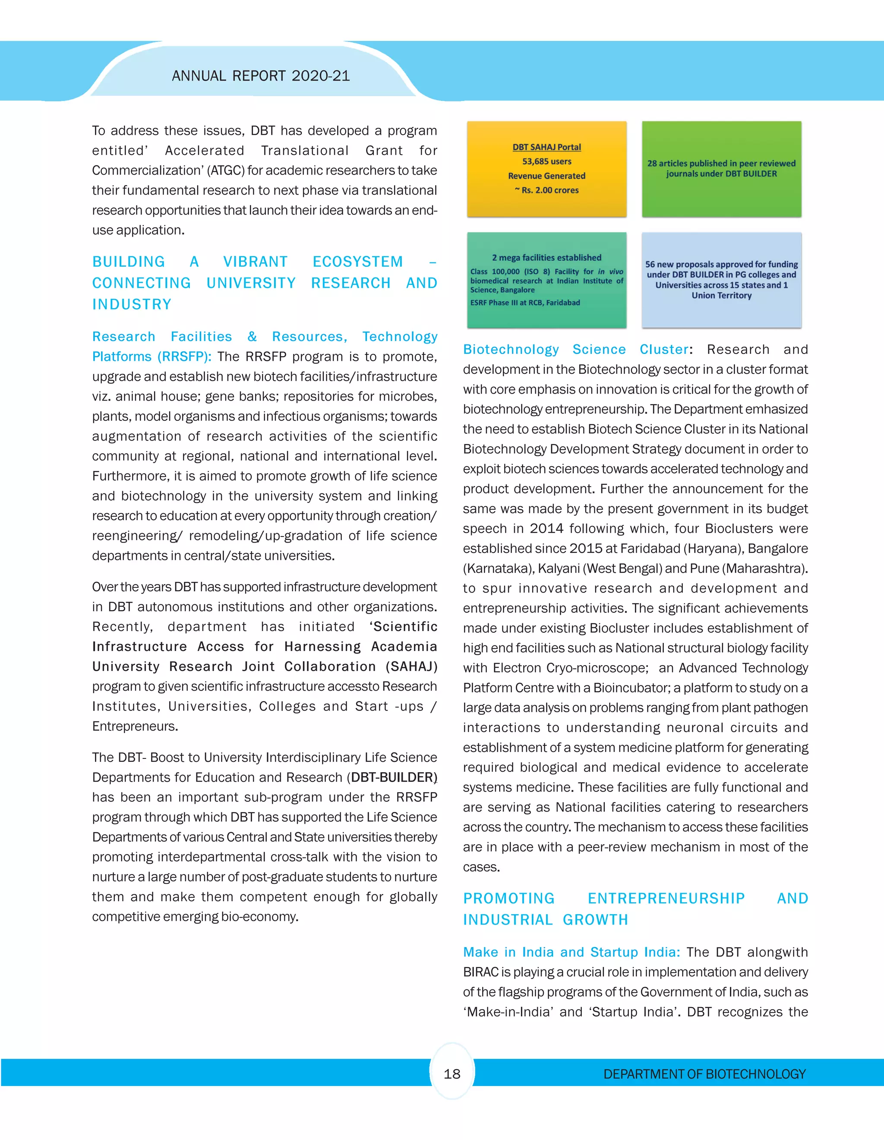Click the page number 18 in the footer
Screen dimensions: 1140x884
tap(452, 1074)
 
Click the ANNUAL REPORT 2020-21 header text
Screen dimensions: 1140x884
tap(260, 76)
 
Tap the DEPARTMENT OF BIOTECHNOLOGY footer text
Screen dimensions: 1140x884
tap(704, 1074)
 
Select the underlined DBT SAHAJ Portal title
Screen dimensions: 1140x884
tap(546, 147)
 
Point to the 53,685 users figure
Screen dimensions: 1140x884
tap(546, 161)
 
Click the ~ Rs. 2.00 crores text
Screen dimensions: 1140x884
tap(546, 190)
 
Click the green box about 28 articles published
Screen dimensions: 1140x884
tap(721, 169)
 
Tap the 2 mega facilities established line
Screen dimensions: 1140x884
tap(546, 257)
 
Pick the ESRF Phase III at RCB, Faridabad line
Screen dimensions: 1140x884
tap(525, 303)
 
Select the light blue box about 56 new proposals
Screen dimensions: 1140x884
tap(721, 280)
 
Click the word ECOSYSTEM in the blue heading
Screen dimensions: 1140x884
tap(357, 262)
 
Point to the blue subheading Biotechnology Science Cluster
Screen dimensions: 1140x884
tap(575, 349)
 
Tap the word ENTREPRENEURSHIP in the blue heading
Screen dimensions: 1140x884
tap(666, 898)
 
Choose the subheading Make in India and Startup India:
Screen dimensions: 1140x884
tap(571, 952)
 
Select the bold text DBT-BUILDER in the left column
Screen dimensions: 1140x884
tap(392, 777)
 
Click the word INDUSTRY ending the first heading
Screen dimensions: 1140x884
tap(132, 304)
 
